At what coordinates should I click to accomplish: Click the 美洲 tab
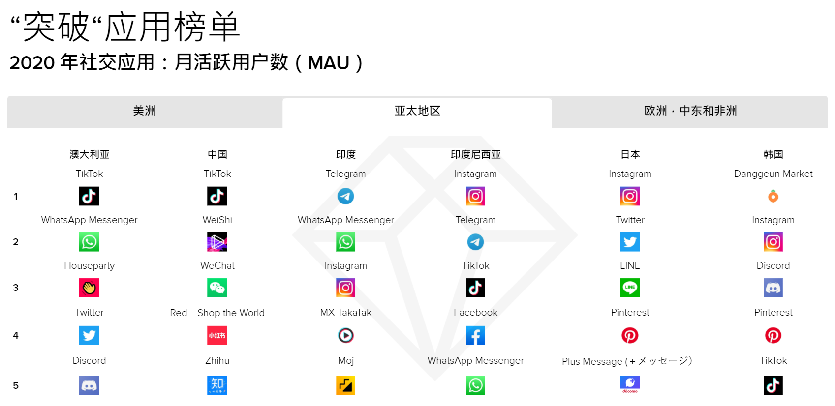coord(145,111)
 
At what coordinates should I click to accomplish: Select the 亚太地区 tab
coord(417,111)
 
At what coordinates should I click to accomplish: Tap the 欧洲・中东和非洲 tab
coord(690,111)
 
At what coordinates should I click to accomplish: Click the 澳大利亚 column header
coord(89,154)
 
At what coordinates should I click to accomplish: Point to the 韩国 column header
coord(773,154)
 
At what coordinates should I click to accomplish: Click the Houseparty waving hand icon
coord(89,288)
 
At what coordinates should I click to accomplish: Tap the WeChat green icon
coord(217,288)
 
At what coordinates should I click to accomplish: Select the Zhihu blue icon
coord(217,385)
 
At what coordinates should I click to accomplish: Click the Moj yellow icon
coord(345,385)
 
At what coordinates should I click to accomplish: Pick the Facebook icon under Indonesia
coord(475,336)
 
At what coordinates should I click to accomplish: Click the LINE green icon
coord(630,288)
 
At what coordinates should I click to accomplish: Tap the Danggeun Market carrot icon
coord(773,197)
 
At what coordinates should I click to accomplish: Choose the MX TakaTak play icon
coord(345,336)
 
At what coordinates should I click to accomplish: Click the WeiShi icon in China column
coord(217,242)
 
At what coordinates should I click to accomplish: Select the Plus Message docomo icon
coord(630,384)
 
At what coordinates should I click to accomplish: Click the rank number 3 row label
coord(16,288)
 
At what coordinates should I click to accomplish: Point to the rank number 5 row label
coord(16,385)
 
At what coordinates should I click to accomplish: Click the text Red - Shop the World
coord(217,313)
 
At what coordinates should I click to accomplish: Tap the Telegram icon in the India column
coord(345,197)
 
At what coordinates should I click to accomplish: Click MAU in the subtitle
coord(328,63)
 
